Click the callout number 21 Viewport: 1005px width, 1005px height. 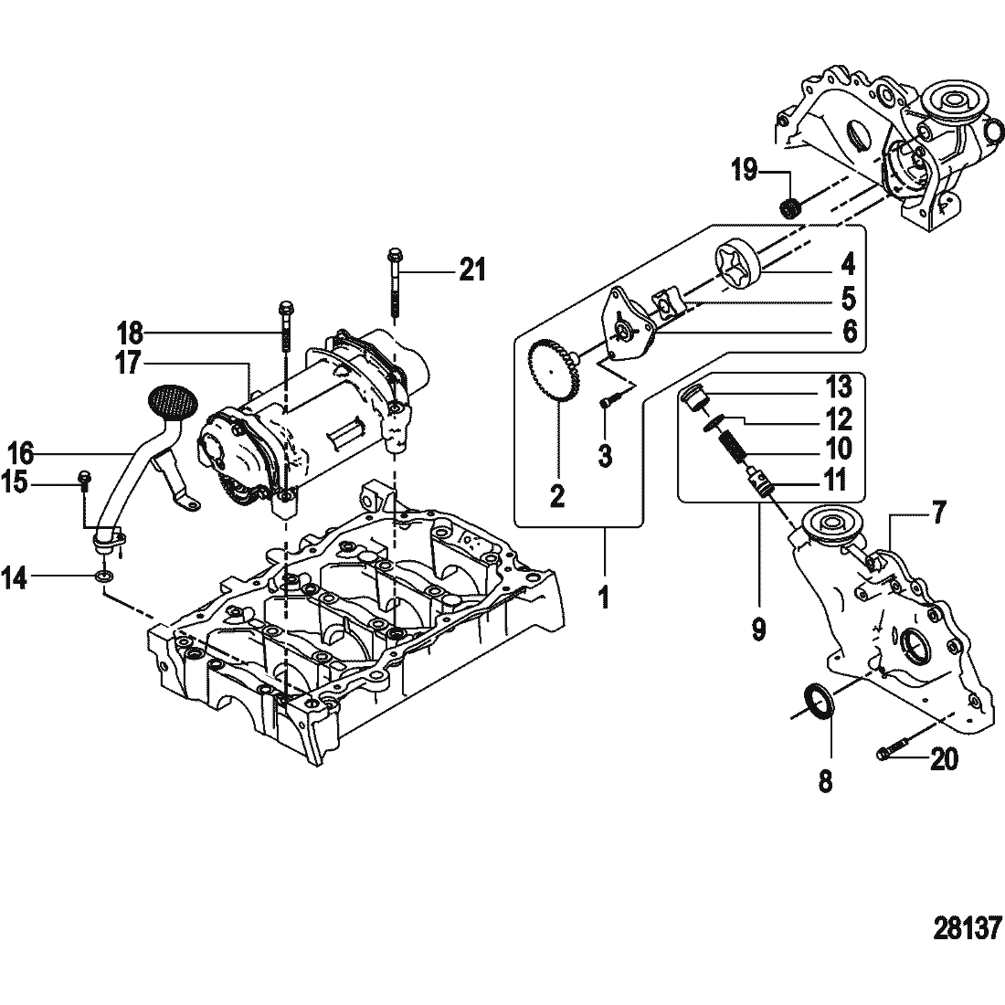472,270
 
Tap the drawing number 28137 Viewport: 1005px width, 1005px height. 966,927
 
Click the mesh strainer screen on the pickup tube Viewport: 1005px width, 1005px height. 173,401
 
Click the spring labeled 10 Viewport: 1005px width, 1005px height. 730,444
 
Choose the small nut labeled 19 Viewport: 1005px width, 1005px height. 792,208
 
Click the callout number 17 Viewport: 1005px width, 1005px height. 127,363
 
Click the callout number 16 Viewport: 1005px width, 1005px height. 20,454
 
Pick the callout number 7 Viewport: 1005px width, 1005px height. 939,513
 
